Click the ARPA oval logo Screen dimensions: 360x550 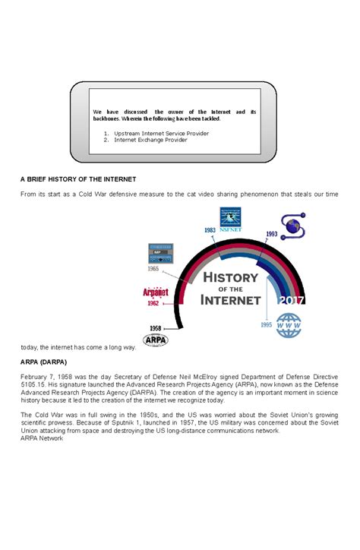pos(156,340)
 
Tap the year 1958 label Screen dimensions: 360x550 pos(155,327)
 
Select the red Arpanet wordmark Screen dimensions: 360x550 pos(155,292)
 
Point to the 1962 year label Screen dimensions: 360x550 pos(153,304)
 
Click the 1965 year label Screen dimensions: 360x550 pos(153,268)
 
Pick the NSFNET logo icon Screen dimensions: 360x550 pos(230,217)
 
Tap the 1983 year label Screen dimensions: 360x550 pos(210,229)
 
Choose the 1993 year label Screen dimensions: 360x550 pos(270,234)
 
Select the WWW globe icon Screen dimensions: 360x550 pos(289,327)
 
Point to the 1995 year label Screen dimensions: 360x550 pos(265,324)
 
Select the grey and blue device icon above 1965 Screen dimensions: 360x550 pos(160,254)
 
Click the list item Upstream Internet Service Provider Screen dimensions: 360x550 pos(161,133)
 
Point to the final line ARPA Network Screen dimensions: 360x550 pos(42,438)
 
